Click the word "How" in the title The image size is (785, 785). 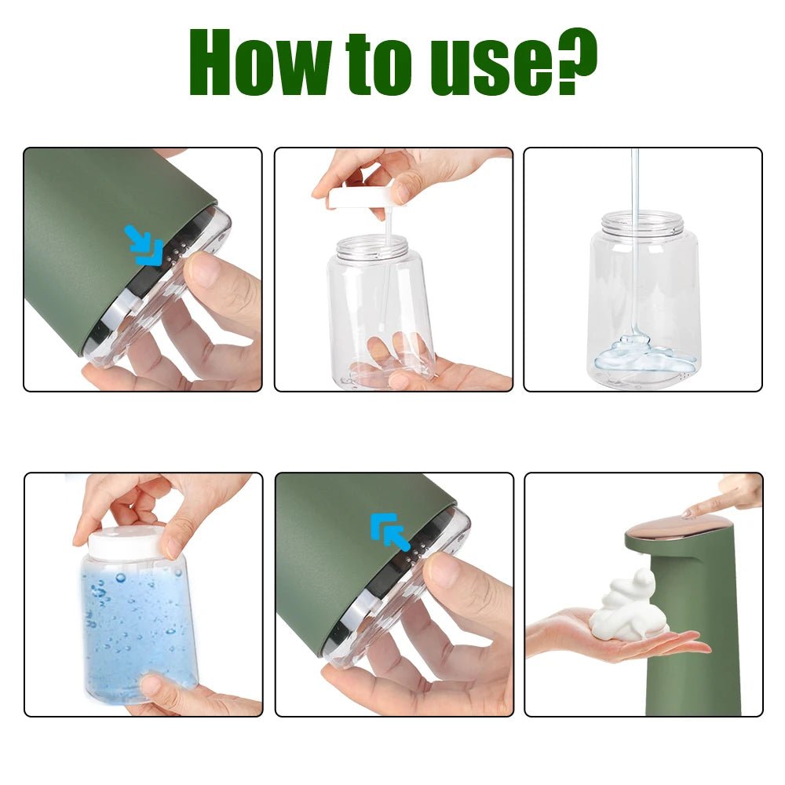coord(258,64)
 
